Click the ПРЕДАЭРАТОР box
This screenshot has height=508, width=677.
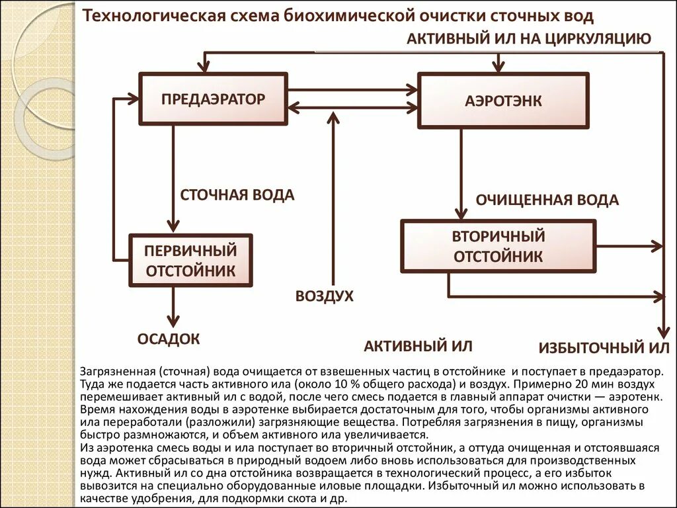click(x=214, y=99)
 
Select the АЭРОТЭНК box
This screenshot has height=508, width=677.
click(x=503, y=101)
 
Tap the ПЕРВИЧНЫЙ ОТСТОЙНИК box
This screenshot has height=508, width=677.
click(x=190, y=260)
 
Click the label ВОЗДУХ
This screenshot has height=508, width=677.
click(x=325, y=296)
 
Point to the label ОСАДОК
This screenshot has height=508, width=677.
click(x=169, y=339)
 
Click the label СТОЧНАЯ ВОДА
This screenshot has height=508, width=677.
click(x=237, y=195)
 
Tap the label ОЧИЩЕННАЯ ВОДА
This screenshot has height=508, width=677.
click(x=547, y=200)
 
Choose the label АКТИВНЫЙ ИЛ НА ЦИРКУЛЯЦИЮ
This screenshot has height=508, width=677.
click(x=529, y=38)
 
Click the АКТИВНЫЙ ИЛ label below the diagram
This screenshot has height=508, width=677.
click(x=418, y=346)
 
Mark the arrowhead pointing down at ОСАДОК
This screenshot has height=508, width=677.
click(x=173, y=320)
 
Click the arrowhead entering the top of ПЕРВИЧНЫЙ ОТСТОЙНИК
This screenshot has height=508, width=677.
click(x=173, y=227)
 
